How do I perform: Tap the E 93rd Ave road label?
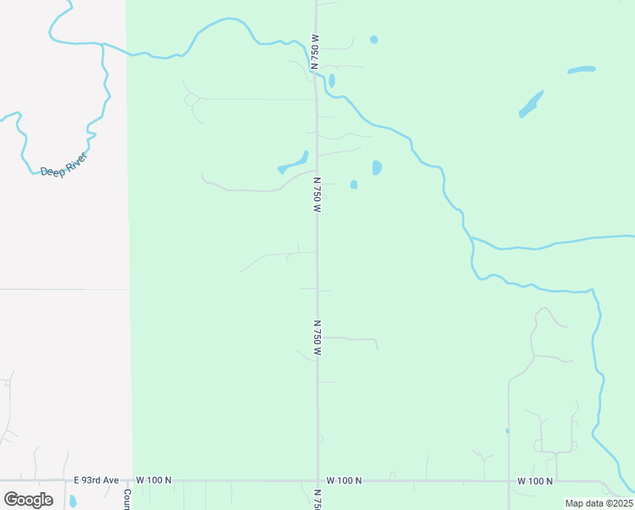click(96, 480)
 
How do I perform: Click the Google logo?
click(28, 499)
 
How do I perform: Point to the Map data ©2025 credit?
click(598, 503)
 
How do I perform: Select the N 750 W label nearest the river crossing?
click(314, 52)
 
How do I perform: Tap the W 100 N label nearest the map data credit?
click(535, 481)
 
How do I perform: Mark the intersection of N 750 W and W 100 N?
click(318, 480)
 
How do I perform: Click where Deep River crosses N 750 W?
click(317, 75)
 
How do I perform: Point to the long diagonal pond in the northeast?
click(531, 104)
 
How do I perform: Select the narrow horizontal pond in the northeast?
click(582, 69)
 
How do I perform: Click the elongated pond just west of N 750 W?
click(294, 161)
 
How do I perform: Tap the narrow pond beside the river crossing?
click(332, 81)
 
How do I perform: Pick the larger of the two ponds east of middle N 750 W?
click(376, 167)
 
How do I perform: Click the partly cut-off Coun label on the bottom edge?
click(126, 498)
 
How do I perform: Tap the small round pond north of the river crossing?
click(374, 40)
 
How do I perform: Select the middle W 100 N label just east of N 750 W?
click(345, 481)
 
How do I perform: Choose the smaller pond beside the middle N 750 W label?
click(353, 184)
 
